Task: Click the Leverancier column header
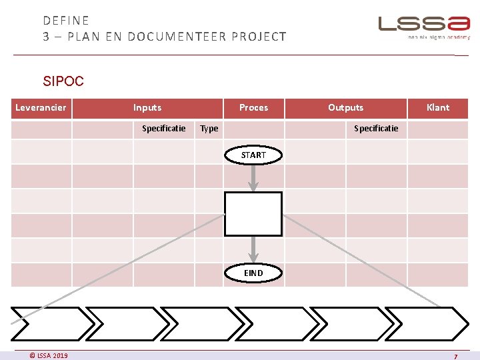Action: coord(41,108)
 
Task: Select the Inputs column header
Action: coord(147,108)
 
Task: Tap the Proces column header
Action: coord(253,108)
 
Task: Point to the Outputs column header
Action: coord(345,108)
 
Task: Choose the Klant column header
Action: coord(438,108)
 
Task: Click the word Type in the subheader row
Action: coord(209,129)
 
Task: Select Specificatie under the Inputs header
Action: coord(164,129)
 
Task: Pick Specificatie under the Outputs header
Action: coord(376,129)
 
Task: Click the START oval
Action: coord(253,155)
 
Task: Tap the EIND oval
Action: coord(253,273)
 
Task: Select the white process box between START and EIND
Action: coord(253,214)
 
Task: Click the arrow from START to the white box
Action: coord(253,177)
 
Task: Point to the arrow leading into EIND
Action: coord(253,250)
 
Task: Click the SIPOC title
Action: coord(63,81)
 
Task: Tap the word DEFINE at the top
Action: coord(66,21)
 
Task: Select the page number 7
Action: coord(455,357)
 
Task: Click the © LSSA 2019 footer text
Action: coord(49,355)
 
